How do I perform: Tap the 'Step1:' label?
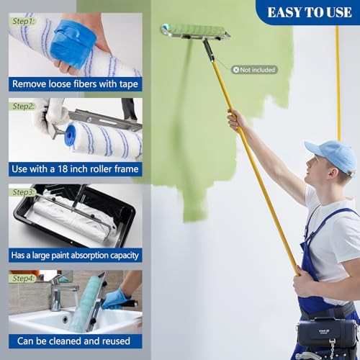tap(22, 22)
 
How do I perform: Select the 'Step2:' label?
tap(22, 106)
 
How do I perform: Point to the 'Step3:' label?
tap(22, 192)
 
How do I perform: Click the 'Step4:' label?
tap(22, 278)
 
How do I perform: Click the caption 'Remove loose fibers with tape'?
tap(75, 84)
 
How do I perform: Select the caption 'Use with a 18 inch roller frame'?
tap(75, 169)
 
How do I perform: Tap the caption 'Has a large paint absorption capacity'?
tap(75, 255)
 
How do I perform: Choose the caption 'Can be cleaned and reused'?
tap(75, 340)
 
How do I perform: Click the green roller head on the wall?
tap(193, 30)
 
